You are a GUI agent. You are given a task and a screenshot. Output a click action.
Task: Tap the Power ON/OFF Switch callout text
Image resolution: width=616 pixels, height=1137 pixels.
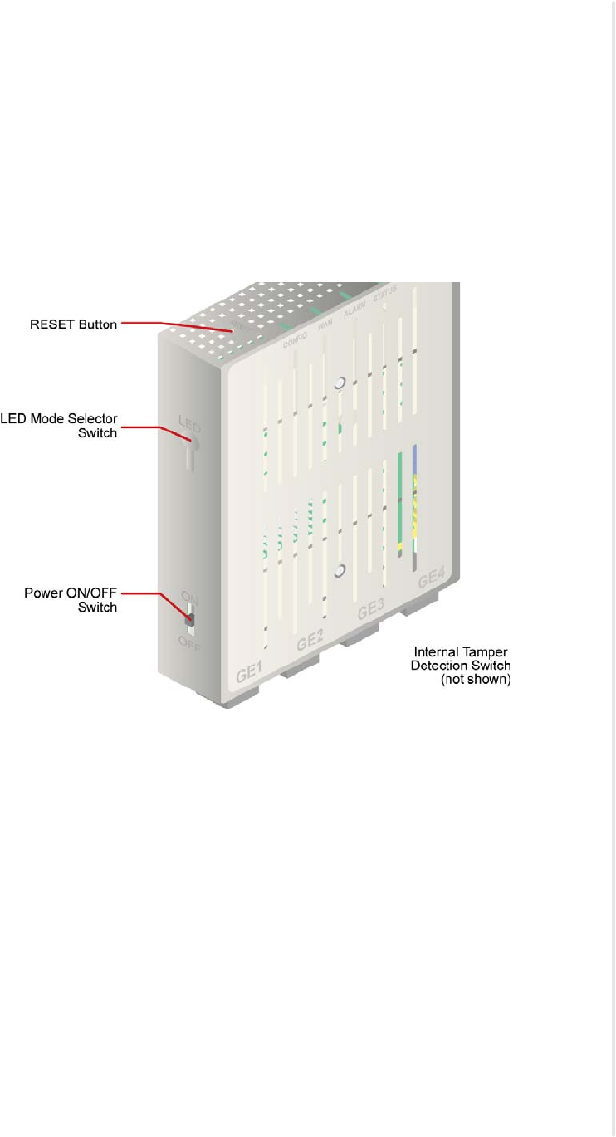click(x=71, y=600)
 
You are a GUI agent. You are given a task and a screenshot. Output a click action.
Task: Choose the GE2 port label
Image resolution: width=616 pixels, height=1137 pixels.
click(x=310, y=642)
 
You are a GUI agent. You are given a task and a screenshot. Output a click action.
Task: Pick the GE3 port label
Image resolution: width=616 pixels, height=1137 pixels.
click(x=370, y=612)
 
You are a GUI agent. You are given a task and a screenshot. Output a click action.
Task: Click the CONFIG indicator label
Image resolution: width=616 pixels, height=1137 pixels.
click(x=296, y=336)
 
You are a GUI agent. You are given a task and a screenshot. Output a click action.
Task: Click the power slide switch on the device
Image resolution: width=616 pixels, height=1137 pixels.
click(x=189, y=619)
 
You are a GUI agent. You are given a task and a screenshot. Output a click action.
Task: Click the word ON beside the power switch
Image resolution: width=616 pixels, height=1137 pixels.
click(x=189, y=596)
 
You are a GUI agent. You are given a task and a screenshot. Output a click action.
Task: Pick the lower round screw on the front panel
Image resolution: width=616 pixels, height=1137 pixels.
click(x=339, y=571)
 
